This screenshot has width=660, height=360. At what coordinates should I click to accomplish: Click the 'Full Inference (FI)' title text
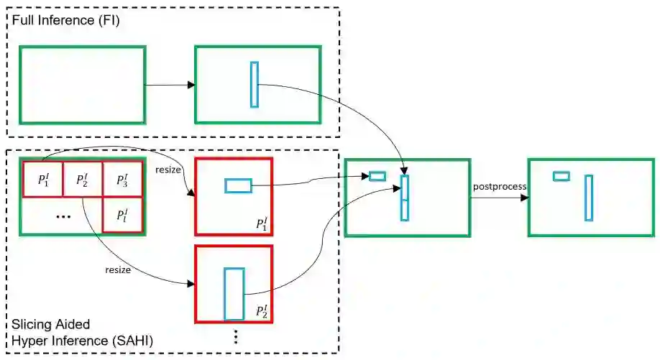(x=65, y=21)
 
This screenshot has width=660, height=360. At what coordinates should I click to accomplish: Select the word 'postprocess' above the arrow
(x=500, y=187)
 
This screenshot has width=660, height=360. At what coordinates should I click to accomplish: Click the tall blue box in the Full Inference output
(x=254, y=85)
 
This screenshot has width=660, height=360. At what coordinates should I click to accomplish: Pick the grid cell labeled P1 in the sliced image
(x=42, y=179)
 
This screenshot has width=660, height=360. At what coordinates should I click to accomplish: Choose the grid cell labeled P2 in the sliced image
(x=82, y=179)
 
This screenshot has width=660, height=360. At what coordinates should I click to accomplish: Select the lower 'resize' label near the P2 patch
(x=118, y=270)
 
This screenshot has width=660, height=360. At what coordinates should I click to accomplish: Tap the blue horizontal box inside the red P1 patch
(x=238, y=186)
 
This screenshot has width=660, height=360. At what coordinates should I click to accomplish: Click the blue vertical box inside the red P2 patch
(x=234, y=293)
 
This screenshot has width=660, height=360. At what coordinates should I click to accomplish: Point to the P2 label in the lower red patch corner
(x=262, y=311)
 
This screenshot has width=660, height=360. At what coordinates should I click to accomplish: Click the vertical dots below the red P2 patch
(x=236, y=337)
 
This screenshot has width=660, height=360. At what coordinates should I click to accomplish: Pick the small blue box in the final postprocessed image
(x=561, y=176)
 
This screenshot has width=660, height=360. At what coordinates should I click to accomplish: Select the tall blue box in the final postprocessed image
(x=589, y=198)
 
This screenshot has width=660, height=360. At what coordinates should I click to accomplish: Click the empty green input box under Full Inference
(x=82, y=84)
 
